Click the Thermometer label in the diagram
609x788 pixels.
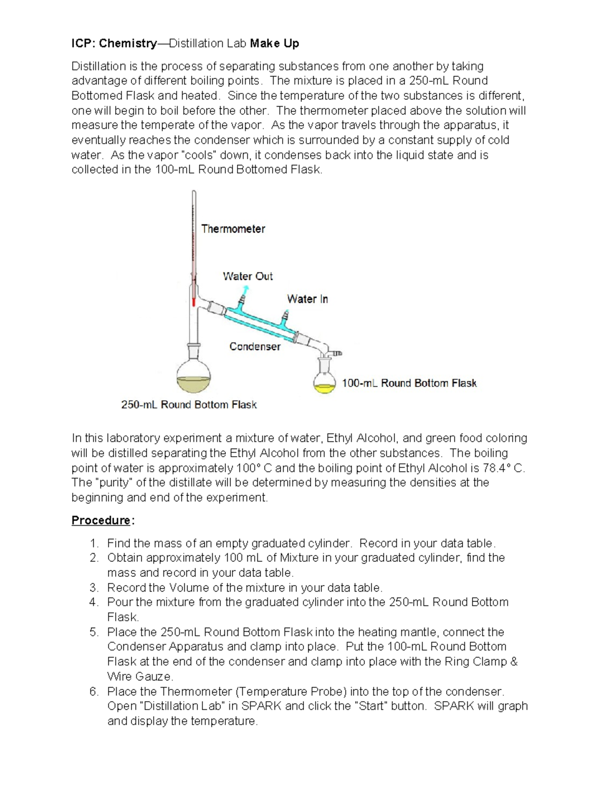click(233, 229)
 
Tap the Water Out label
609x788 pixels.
click(248, 277)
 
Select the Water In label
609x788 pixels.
click(307, 299)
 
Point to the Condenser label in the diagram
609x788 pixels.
click(255, 347)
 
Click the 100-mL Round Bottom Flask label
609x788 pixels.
click(409, 383)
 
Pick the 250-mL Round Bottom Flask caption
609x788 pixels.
click(189, 405)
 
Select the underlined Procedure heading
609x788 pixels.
click(101, 521)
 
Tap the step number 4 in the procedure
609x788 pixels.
click(93, 602)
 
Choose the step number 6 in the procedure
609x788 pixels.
click(93, 692)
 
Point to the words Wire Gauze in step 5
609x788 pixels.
click(140, 676)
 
